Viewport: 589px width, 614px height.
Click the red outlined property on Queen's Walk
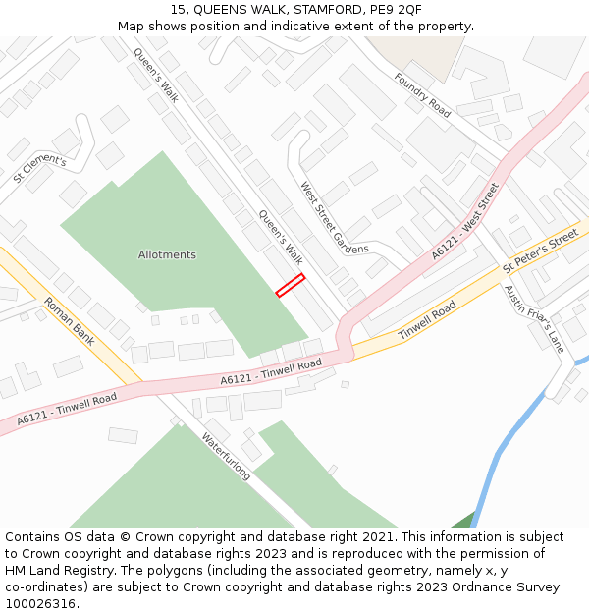click(x=290, y=285)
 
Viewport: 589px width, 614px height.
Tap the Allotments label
click(x=167, y=254)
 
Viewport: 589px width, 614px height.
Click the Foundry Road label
click(x=422, y=95)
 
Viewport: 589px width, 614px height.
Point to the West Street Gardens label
click(x=335, y=217)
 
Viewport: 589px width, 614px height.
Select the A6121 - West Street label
click(x=465, y=221)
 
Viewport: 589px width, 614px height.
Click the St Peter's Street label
click(x=540, y=251)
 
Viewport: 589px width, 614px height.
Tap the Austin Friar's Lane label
click(x=534, y=318)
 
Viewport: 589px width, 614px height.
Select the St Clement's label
click(x=39, y=169)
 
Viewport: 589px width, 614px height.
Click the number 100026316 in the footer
click(x=39, y=604)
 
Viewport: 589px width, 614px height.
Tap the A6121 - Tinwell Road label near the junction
click(x=271, y=371)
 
